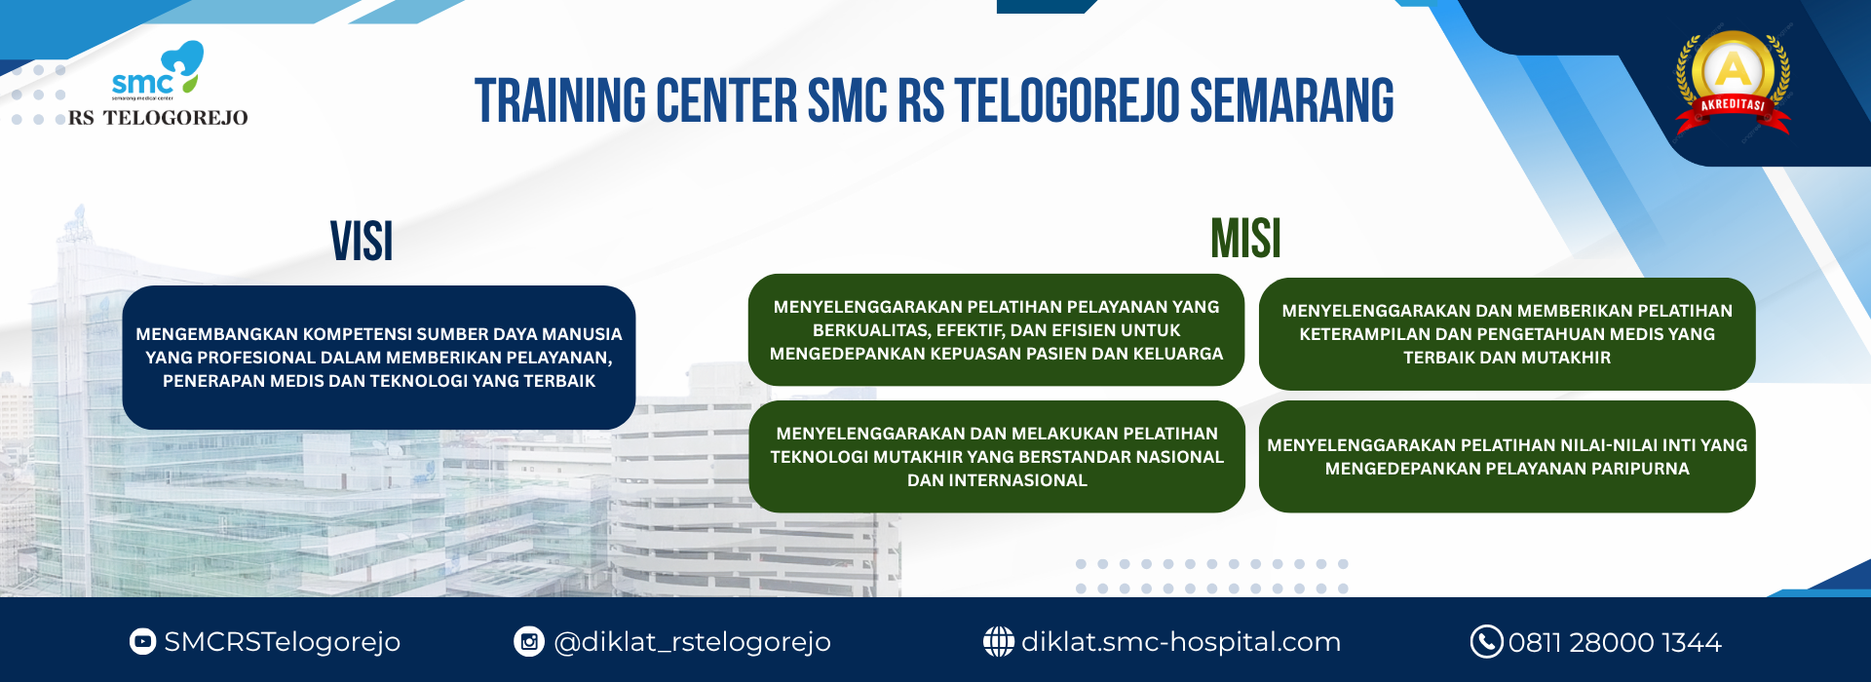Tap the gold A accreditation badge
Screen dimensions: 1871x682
1733,83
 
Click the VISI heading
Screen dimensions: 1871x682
362,242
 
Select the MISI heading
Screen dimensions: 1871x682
1245,239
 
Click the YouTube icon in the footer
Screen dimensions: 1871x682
142,641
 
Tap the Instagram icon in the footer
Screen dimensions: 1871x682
528,641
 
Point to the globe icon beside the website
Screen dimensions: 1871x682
998,641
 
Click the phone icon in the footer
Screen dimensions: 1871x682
1486,641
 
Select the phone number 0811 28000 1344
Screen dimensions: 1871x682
1615,642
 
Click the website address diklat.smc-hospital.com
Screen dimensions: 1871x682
1181,641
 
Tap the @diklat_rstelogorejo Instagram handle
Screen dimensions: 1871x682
692,642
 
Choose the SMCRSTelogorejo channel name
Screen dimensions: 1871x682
283,642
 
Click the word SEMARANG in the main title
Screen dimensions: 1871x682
1292,101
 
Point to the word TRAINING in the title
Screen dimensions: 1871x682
559,101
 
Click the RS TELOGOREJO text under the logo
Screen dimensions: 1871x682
158,118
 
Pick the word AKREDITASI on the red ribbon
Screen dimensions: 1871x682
1733,104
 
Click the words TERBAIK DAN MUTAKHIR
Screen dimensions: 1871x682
1507,358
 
